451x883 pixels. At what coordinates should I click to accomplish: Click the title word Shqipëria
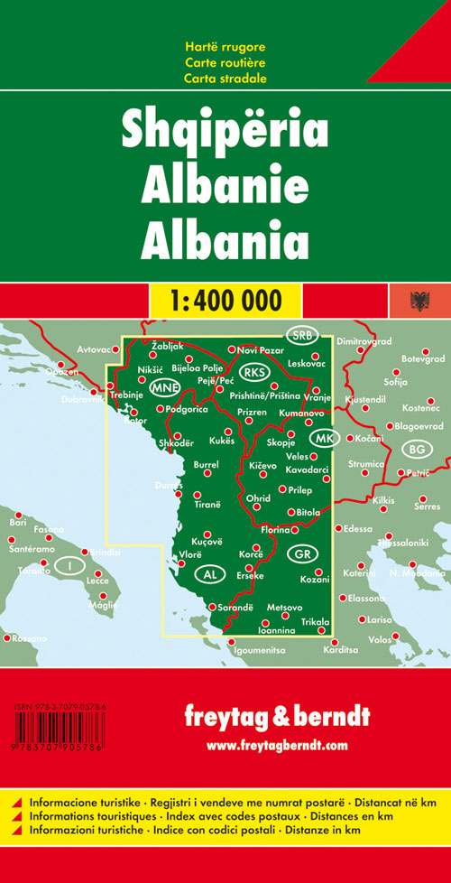[x=225, y=133]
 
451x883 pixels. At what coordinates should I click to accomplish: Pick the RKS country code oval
[x=256, y=372]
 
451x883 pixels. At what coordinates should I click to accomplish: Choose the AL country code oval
[x=210, y=574]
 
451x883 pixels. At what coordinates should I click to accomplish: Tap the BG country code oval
[x=416, y=449]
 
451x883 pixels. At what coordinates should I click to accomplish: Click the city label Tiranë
[x=207, y=505]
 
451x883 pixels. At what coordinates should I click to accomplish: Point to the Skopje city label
[x=281, y=442]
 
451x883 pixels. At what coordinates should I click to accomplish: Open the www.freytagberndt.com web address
[x=277, y=744]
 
